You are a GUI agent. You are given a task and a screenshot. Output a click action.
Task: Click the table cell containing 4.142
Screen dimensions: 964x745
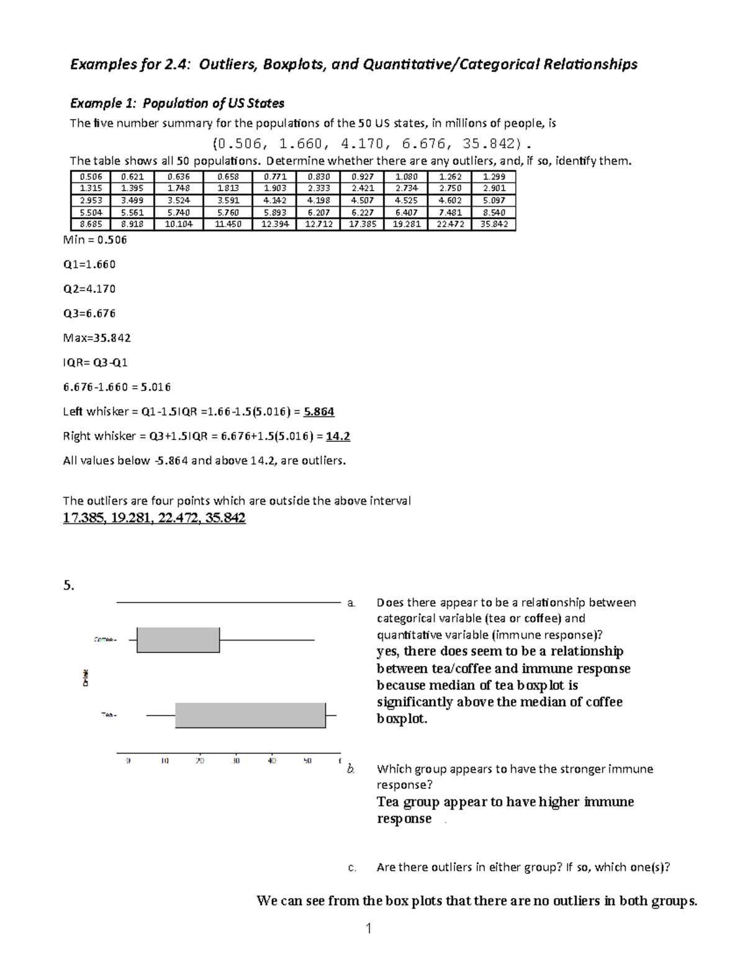coord(275,200)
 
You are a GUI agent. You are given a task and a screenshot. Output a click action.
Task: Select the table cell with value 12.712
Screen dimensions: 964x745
coord(319,224)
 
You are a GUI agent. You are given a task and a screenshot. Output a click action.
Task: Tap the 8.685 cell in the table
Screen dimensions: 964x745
coord(91,224)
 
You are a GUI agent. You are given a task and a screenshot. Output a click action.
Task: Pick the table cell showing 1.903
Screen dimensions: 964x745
coord(275,188)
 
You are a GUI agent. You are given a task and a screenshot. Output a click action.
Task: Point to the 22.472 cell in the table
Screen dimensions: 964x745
coord(450,224)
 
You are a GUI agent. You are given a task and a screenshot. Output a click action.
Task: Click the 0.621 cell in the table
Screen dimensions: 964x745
coord(133,176)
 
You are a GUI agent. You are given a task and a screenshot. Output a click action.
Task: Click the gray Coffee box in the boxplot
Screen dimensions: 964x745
coord(178,640)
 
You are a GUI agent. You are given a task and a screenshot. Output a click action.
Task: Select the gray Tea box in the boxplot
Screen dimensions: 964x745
coord(250,715)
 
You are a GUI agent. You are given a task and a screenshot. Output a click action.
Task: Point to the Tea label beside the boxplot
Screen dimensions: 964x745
coord(108,715)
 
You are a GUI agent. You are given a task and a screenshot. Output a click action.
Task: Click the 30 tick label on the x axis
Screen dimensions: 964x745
coord(236,760)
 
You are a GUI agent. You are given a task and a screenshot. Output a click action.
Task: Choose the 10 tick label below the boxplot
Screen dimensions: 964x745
coord(165,760)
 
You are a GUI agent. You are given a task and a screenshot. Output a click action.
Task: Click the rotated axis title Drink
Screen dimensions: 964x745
coord(85,677)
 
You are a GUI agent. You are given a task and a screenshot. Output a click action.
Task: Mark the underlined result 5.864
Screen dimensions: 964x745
coord(319,412)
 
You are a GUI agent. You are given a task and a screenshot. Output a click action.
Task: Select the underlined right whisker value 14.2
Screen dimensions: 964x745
coord(338,436)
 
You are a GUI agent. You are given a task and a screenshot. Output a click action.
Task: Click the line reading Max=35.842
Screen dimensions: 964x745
coord(97,338)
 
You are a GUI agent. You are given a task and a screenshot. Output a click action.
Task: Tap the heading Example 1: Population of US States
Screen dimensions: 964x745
coord(177,103)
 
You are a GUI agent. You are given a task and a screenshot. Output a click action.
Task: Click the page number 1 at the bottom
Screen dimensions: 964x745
coord(368,929)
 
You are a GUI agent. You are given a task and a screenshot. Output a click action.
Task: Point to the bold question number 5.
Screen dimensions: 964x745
coord(68,585)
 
